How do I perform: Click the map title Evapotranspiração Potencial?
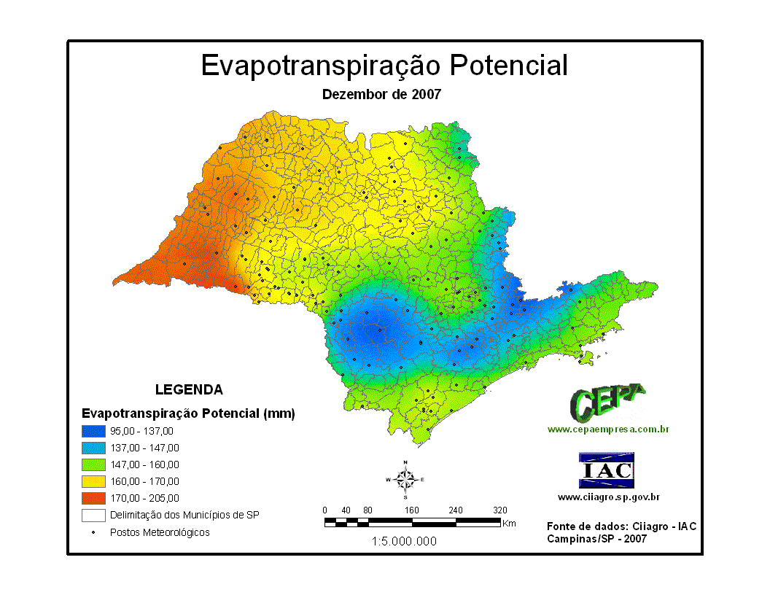click(x=384, y=65)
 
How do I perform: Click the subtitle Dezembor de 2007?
click(x=381, y=94)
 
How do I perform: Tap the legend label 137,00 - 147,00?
click(x=144, y=448)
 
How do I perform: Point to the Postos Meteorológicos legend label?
click(x=160, y=532)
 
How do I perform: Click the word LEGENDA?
click(x=189, y=389)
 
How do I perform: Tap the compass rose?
click(x=405, y=479)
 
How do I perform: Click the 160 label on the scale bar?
click(x=412, y=510)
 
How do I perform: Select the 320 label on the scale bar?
click(x=499, y=510)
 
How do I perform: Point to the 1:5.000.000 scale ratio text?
click(x=405, y=541)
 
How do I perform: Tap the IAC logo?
click(x=607, y=470)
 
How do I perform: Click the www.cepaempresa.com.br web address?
click(x=608, y=429)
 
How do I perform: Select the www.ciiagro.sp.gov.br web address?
click(x=609, y=497)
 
